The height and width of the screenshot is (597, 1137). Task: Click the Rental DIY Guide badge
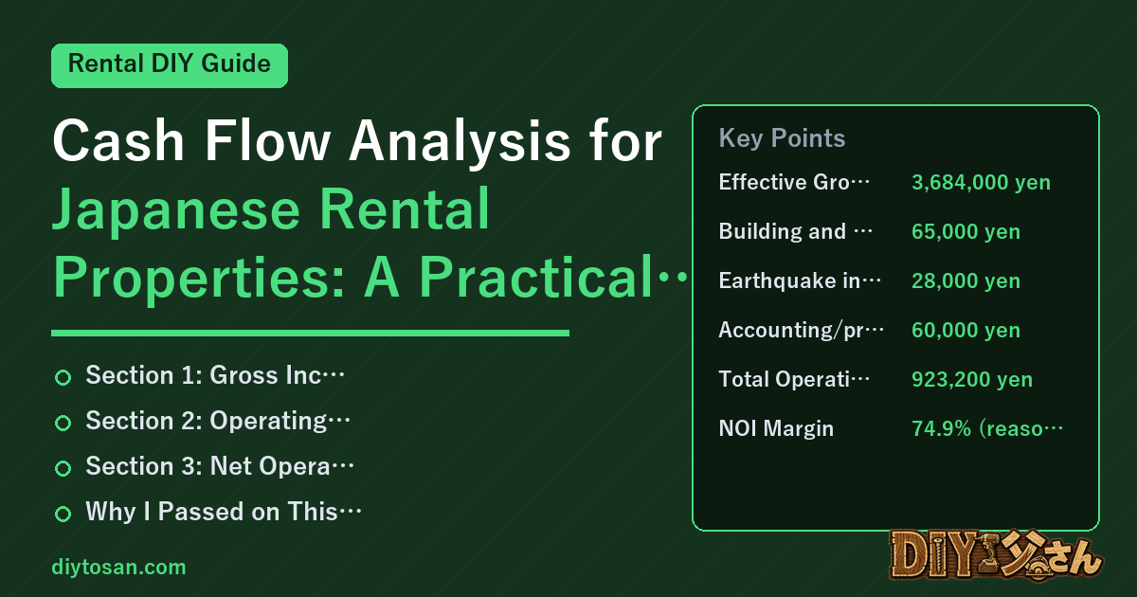(x=170, y=65)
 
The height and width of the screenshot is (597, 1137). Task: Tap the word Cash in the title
(x=117, y=140)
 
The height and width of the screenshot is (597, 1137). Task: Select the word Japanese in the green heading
(x=176, y=210)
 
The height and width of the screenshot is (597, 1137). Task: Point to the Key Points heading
(x=782, y=138)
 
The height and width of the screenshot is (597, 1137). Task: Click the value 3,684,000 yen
(x=981, y=182)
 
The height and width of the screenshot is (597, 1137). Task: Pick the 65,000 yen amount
(x=966, y=231)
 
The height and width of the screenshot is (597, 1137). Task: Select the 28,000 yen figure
(x=966, y=280)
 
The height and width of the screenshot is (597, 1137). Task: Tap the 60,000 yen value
(x=966, y=330)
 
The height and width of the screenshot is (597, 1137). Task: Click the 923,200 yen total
(x=971, y=379)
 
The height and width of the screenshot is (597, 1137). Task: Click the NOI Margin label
(x=776, y=428)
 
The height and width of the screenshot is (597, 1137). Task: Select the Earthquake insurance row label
(x=800, y=280)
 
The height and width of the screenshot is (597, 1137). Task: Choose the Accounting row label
(x=801, y=330)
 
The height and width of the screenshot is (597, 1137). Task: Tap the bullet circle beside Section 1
(x=63, y=377)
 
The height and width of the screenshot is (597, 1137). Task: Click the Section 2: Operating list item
(x=218, y=421)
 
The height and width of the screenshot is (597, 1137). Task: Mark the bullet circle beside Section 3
(x=63, y=468)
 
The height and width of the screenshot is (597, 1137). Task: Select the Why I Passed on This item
(x=224, y=511)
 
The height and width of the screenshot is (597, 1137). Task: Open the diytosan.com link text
(x=118, y=567)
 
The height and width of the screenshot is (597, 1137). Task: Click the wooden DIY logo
(x=996, y=555)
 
